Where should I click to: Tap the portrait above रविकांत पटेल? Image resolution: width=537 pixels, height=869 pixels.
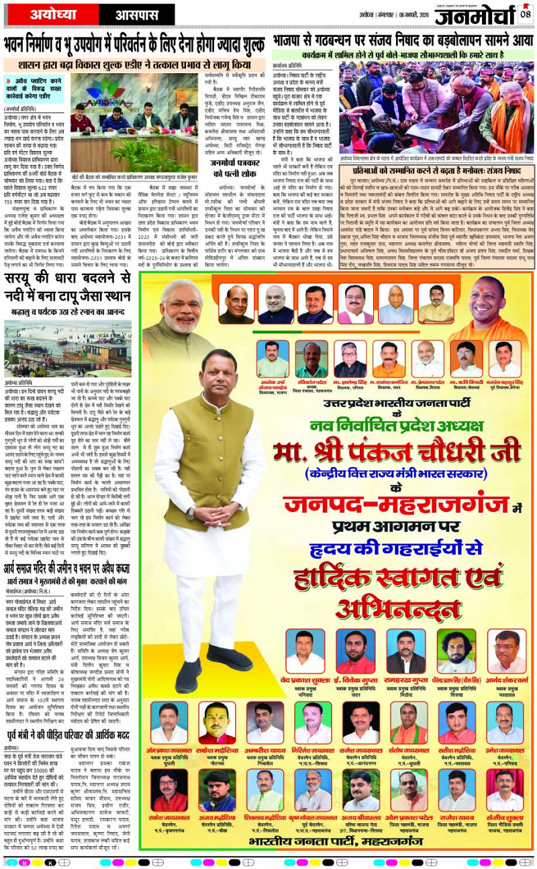311,360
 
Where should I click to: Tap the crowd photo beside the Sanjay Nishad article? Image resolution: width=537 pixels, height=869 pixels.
434,107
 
